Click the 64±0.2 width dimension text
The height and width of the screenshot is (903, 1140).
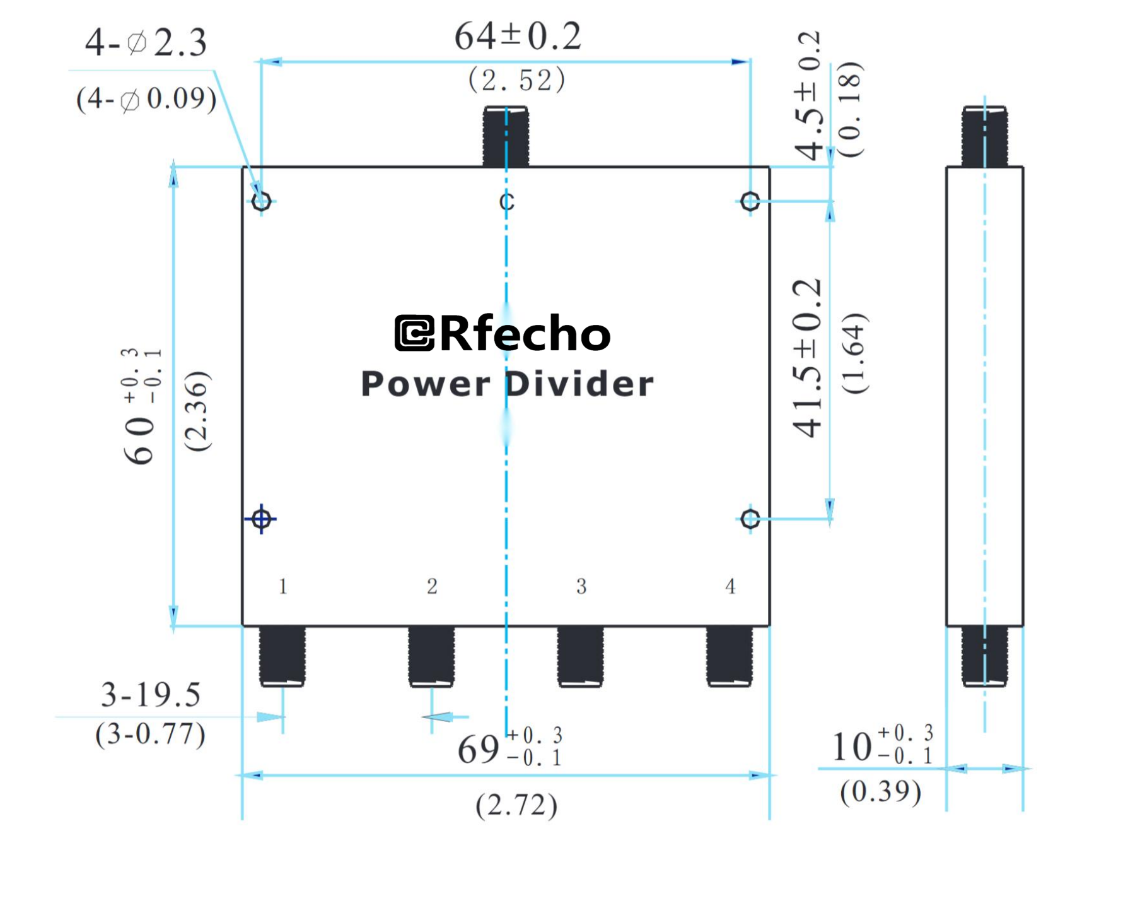click(x=517, y=36)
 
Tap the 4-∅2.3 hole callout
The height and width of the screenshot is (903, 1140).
click(x=146, y=43)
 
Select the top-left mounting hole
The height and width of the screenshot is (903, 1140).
click(x=261, y=201)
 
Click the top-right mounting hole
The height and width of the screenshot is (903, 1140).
click(x=750, y=201)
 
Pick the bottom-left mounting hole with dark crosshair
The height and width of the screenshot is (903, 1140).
click(x=261, y=519)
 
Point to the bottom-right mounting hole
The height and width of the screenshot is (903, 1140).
click(x=750, y=519)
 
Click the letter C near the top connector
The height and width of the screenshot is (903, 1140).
click(x=506, y=202)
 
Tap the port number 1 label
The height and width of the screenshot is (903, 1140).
click(x=283, y=586)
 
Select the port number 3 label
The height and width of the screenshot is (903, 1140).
click(x=581, y=586)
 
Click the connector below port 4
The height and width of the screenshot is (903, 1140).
click(x=729, y=656)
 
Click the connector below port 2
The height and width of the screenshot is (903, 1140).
click(x=431, y=656)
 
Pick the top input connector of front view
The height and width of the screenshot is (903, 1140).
click(x=506, y=136)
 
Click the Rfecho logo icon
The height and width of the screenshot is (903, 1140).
click(x=414, y=333)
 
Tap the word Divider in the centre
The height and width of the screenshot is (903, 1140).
click(x=579, y=384)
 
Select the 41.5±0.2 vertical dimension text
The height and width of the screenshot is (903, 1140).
click(x=807, y=358)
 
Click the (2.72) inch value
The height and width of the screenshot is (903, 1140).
click(x=516, y=805)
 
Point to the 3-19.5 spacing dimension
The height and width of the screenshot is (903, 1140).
click(x=151, y=694)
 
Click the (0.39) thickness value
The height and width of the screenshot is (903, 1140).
click(x=880, y=791)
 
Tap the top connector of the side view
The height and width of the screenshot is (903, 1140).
click(x=984, y=136)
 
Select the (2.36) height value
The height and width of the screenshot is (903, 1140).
click(x=197, y=411)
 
